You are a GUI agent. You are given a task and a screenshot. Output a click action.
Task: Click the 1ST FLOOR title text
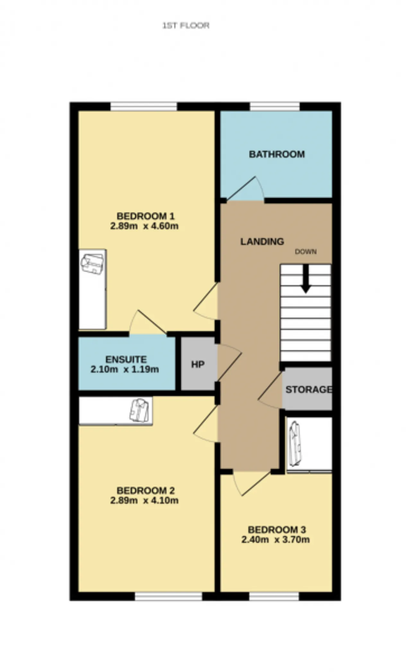point(186,25)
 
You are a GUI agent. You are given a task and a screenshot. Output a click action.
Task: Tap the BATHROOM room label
point(277,154)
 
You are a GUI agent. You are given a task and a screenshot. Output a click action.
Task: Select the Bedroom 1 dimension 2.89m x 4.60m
point(144,226)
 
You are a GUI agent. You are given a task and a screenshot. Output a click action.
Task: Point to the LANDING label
point(262,241)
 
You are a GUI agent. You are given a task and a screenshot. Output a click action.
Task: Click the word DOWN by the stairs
point(306,252)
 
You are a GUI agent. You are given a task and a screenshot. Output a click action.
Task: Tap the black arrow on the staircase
point(306,279)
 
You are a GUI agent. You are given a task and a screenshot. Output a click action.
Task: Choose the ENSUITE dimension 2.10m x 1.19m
point(125,369)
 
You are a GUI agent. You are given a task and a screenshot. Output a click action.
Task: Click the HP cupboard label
point(198,364)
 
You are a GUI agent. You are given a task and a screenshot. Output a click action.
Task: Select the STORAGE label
point(309,389)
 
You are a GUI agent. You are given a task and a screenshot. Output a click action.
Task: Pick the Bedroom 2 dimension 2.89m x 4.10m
point(144,500)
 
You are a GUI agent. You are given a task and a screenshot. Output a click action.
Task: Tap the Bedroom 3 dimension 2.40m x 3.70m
point(275,539)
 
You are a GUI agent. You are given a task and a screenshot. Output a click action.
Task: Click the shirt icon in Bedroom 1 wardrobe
point(92,264)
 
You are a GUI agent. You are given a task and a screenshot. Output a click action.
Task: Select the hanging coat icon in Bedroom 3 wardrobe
point(295,444)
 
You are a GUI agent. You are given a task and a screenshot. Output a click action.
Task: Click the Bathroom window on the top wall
point(275,106)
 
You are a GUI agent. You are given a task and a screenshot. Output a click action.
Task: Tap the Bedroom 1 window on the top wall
point(144,106)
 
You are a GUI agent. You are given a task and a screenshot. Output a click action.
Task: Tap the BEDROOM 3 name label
point(277,529)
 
